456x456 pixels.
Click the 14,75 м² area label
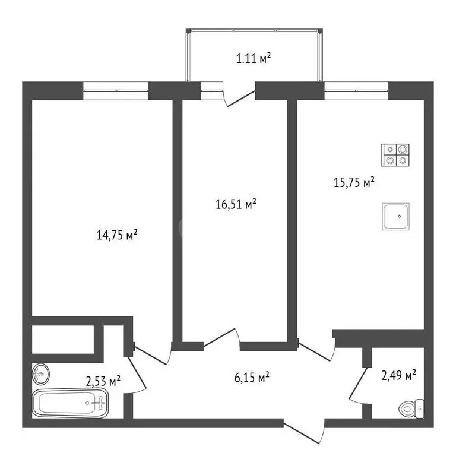[117, 235]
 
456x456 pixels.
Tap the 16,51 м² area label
[235, 204]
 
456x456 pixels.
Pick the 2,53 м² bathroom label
[103, 380]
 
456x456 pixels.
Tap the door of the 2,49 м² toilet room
[357, 386]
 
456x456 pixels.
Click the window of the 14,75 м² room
[115, 91]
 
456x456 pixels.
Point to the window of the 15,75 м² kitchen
[356, 91]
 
